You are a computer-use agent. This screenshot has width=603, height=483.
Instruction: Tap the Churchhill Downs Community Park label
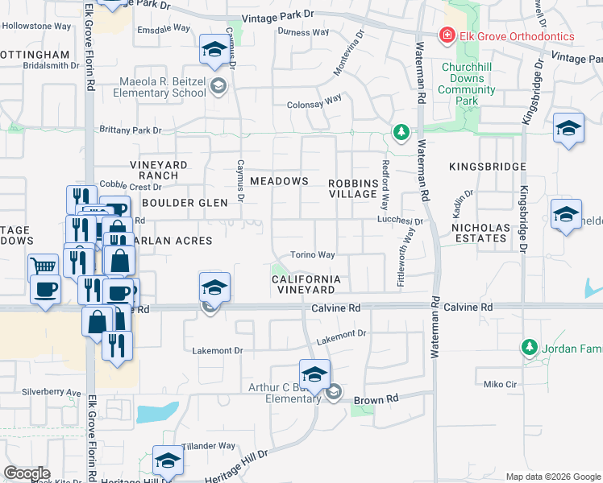click(x=467, y=85)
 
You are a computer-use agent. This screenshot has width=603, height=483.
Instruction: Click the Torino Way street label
click(x=313, y=255)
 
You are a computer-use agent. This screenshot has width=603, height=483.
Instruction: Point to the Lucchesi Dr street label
click(x=401, y=221)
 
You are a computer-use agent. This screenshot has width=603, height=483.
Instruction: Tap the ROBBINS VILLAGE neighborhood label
click(x=353, y=188)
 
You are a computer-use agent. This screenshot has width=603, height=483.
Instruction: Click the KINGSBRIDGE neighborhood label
click(x=489, y=167)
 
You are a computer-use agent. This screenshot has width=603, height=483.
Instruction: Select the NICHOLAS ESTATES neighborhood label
click(x=481, y=233)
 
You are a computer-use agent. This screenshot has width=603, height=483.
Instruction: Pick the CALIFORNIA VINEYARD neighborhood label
click(x=303, y=284)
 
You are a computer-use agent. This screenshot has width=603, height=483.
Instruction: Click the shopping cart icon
click(x=44, y=265)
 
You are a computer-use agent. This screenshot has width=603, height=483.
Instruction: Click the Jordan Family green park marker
click(x=529, y=348)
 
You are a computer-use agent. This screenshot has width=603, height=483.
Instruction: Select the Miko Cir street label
click(x=498, y=384)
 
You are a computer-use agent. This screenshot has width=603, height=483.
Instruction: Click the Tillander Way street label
click(x=209, y=445)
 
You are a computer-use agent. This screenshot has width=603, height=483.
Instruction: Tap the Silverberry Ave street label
click(x=52, y=392)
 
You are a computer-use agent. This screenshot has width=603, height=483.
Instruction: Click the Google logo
click(x=27, y=473)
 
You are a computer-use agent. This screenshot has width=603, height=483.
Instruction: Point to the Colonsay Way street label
click(x=315, y=102)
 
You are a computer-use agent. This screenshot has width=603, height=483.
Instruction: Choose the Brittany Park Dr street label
click(x=131, y=130)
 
